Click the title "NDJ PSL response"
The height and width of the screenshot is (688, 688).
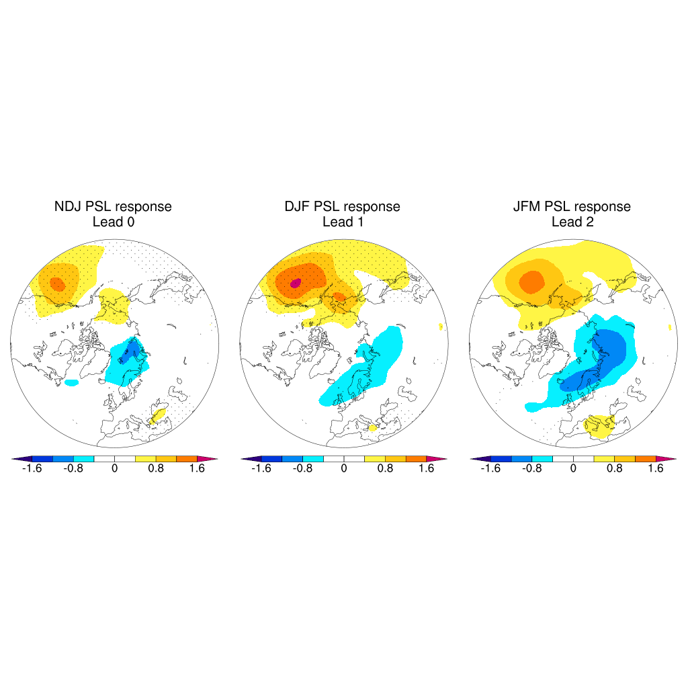[113, 206]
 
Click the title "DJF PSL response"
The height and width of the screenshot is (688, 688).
[342, 206]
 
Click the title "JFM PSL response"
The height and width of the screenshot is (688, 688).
[572, 206]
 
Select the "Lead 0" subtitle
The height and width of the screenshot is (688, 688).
[113, 222]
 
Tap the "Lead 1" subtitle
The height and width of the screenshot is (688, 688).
[343, 222]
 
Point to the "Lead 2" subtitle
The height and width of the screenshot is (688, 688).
[572, 222]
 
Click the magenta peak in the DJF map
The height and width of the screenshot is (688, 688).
[294, 284]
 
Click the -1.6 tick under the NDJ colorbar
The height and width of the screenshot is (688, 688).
[32, 469]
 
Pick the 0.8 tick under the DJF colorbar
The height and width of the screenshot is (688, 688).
[385, 469]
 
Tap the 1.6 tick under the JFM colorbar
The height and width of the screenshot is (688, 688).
[656, 469]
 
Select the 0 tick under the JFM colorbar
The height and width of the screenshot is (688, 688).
[573, 469]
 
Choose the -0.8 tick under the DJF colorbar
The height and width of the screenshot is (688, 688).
[302, 469]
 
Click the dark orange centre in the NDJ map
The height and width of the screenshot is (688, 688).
[58, 284]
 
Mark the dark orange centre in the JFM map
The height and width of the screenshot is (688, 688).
[532, 280]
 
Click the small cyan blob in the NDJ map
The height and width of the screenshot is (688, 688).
[71, 382]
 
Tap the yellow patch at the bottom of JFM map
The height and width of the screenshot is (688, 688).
[599, 426]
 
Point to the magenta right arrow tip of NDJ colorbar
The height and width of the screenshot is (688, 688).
[213, 459]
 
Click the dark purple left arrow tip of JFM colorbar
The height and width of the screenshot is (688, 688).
[474, 459]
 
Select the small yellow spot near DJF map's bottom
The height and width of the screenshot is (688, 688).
[372, 427]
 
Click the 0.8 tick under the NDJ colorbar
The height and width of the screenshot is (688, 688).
[156, 469]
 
